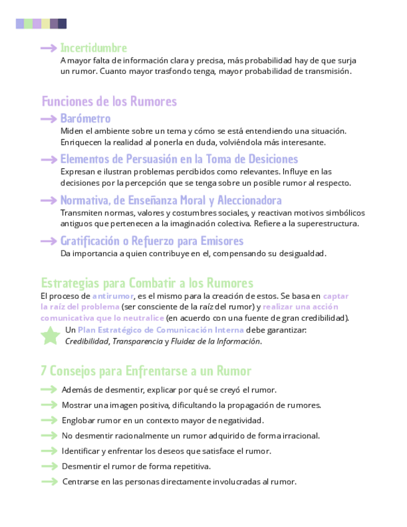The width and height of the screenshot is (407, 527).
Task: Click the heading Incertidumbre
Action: coord(93,48)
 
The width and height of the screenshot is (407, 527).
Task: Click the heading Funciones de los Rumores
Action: coord(109,101)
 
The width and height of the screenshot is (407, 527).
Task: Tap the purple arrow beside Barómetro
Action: coord(49,119)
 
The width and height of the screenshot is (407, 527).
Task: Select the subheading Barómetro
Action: coord(85,119)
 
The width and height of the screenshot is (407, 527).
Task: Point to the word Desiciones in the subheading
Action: coord(268,159)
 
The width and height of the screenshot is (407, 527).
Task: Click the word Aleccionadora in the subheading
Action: coord(247,200)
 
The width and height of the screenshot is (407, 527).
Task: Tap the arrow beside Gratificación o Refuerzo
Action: coord(49,241)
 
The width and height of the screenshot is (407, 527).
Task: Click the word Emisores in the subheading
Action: coord(220,241)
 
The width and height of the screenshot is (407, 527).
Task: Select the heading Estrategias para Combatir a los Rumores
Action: coord(147,283)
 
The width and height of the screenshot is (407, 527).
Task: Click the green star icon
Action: coord(50,336)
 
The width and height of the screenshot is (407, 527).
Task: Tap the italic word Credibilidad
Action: coord(87,341)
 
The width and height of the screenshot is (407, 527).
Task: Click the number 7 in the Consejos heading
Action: coord(43,371)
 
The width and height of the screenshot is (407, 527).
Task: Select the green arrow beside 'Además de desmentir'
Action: coord(49,390)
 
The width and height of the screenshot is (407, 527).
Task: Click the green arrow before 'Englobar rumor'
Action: coord(49,420)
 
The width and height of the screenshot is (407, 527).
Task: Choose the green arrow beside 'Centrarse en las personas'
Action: coord(49,482)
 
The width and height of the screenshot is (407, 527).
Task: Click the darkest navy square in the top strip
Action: coord(62,24)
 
